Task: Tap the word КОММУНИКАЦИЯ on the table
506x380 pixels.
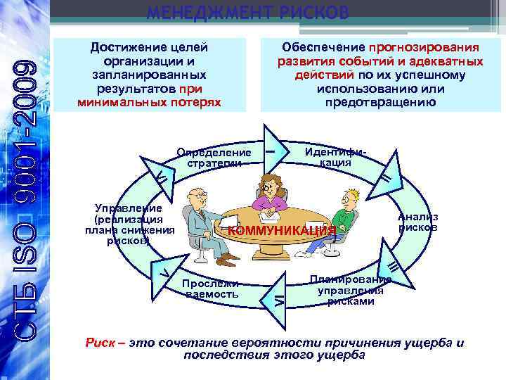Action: click(x=282, y=231)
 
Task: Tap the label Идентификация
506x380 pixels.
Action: click(x=336, y=157)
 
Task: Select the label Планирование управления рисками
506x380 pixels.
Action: click(x=351, y=290)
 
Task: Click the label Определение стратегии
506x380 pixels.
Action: click(x=214, y=158)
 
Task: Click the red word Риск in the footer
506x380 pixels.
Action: click(x=96, y=343)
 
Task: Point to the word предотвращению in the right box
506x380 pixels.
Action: click(x=381, y=103)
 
